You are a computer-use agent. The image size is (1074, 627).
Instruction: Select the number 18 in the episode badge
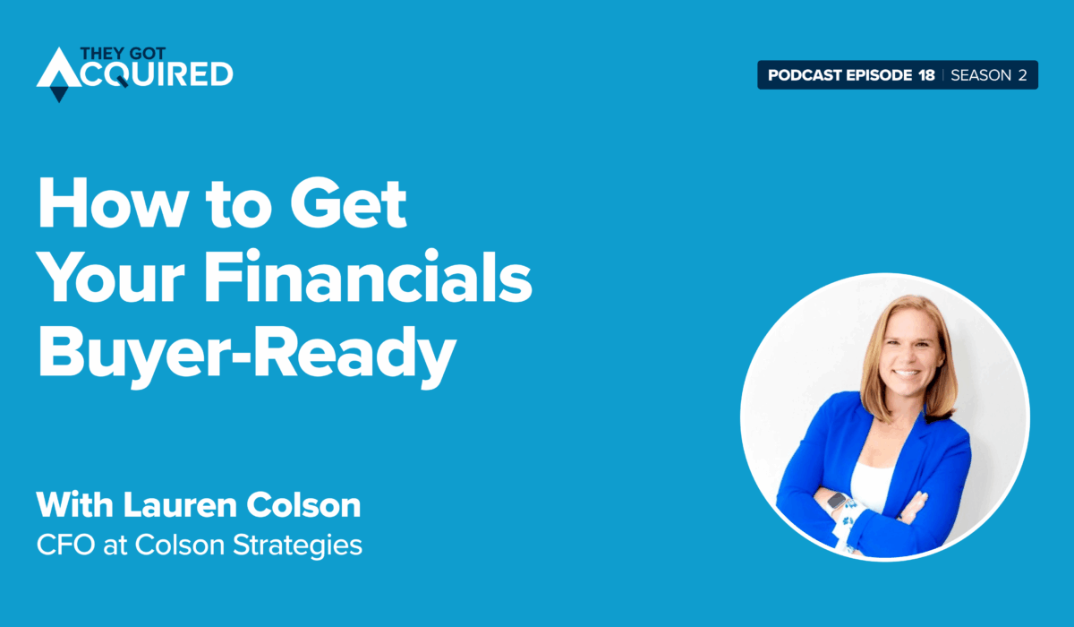click(x=926, y=75)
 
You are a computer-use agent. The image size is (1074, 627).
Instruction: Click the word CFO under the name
click(x=62, y=545)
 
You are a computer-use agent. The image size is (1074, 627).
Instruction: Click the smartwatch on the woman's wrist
click(x=837, y=502)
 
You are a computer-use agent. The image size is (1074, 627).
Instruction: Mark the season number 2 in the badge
click(x=1021, y=75)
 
